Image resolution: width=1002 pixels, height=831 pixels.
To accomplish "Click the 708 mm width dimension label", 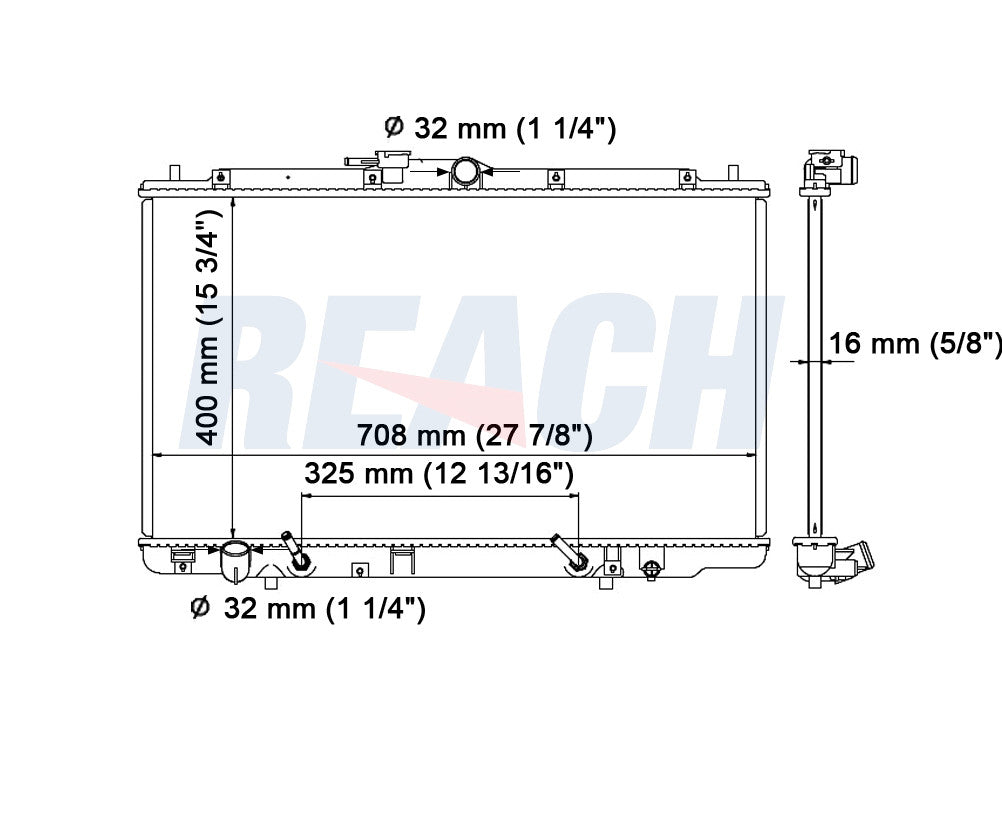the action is pyautogui.click(x=474, y=435).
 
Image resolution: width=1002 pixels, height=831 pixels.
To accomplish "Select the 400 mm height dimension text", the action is pyautogui.click(x=208, y=327).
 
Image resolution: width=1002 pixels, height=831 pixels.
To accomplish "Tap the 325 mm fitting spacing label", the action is pyautogui.click(x=438, y=474).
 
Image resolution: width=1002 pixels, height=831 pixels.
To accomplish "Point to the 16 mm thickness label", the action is pyautogui.click(x=915, y=343).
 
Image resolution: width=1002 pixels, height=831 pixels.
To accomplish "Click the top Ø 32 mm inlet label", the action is pyautogui.click(x=500, y=128).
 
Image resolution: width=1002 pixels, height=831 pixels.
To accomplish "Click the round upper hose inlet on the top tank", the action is pyautogui.click(x=465, y=171).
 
